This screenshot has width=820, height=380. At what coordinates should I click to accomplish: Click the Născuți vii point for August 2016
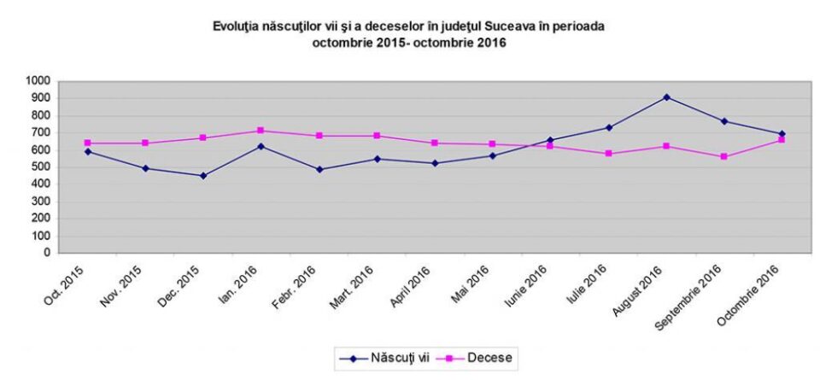pos(665,97)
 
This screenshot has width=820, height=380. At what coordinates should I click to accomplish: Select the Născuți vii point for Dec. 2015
pos(203,176)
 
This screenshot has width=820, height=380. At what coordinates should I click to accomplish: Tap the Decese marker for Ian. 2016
pos(261,131)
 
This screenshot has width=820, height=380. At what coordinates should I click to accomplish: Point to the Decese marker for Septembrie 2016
pos(723,156)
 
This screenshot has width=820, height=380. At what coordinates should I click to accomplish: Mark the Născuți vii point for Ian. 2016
pos(261,146)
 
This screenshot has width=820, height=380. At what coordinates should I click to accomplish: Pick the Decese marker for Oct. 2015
pos(87,143)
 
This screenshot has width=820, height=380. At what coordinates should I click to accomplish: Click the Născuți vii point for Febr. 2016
pos(319,169)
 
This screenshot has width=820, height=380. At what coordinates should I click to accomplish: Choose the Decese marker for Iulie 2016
pos(608,154)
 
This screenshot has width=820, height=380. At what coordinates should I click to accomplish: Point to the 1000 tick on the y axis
pos(40,80)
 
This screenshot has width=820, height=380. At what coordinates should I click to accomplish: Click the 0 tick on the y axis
pos(49,253)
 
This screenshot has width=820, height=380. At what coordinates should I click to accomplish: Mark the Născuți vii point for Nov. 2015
pos(145,168)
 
